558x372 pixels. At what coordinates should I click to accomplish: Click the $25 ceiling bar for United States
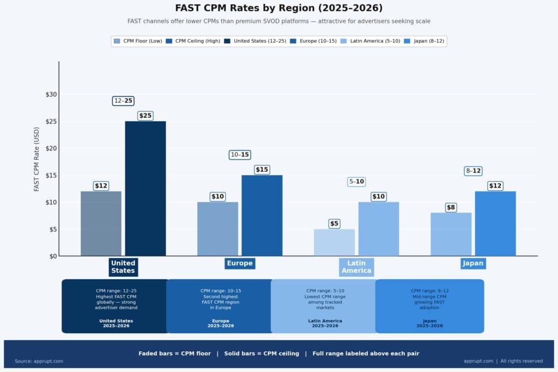(145, 188)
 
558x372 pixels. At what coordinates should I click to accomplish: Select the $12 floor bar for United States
(101, 224)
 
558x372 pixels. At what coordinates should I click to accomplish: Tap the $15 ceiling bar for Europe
(262, 215)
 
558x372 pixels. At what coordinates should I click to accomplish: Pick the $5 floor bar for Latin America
(334, 243)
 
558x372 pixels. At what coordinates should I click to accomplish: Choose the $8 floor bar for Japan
(451, 235)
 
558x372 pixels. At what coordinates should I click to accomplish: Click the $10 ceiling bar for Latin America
(379, 229)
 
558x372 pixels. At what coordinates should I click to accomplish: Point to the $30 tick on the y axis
(51, 94)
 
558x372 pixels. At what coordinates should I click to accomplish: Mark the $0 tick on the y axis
(53, 256)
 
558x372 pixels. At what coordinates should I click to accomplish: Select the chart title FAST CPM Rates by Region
(278, 8)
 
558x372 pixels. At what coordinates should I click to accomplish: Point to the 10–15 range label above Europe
(240, 155)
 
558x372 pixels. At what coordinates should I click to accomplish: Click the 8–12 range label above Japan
(473, 171)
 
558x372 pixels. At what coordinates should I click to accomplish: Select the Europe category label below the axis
(240, 263)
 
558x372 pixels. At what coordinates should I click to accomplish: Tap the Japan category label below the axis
(473, 263)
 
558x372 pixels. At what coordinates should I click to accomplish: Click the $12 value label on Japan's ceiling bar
(495, 186)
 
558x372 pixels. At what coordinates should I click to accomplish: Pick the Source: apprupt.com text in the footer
(39, 361)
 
